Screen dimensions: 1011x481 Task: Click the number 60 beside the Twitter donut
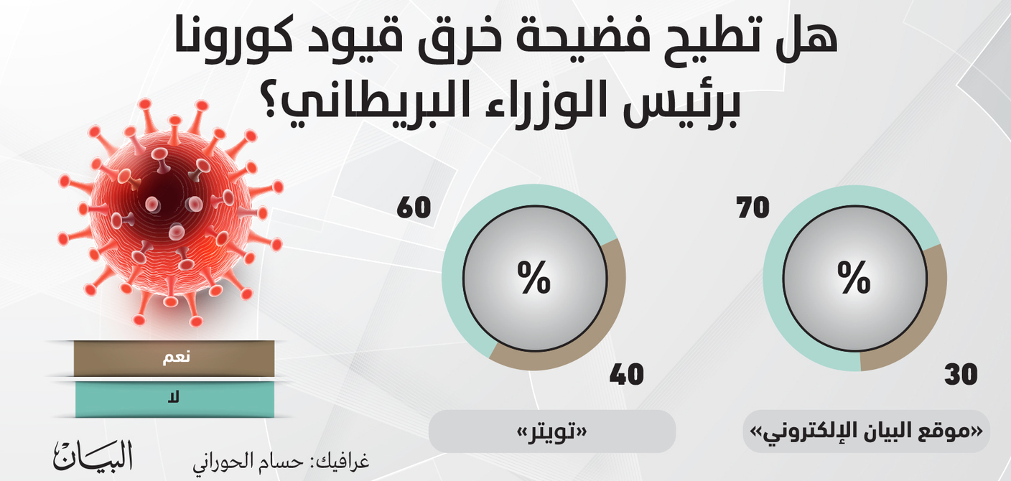coord(414,208)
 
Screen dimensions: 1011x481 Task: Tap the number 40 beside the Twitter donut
coord(626,374)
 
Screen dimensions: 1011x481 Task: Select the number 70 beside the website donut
coord(753,208)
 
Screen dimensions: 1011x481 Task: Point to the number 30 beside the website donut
coord(961,374)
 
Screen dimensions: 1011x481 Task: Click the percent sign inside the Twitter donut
coord(534,278)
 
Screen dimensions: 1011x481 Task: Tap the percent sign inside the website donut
coord(854,278)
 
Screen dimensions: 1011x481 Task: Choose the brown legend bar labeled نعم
coord(174,358)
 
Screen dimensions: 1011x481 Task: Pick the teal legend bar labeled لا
coord(174,399)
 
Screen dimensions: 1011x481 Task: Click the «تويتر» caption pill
coord(552,431)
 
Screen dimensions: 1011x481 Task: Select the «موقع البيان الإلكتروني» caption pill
coord(866,431)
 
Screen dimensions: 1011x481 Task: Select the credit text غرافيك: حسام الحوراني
coord(281,462)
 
